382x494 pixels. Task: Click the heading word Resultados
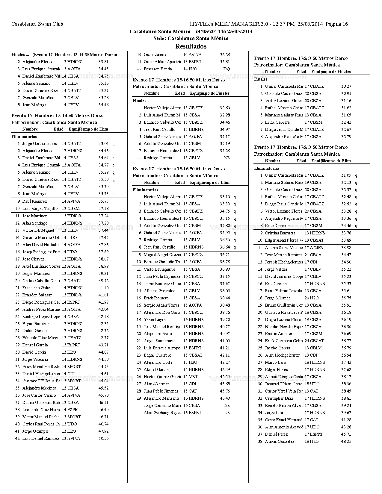(191, 46)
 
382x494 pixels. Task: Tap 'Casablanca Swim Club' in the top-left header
(37, 24)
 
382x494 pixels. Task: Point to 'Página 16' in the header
(336, 24)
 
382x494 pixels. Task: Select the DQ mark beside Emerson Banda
(227, 69)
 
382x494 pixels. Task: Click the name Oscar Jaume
(155, 55)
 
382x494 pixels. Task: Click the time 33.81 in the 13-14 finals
(103, 62)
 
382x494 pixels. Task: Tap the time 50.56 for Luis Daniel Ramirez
(103, 439)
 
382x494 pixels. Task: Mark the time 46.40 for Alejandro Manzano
(225, 398)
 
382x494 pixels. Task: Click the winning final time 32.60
(225, 108)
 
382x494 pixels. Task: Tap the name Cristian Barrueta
(280, 233)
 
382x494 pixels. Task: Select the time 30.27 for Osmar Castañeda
(346, 87)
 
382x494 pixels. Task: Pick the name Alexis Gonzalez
(280, 442)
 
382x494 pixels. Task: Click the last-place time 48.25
(346, 442)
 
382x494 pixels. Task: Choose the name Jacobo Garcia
(277, 348)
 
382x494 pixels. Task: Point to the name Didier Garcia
(34, 331)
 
